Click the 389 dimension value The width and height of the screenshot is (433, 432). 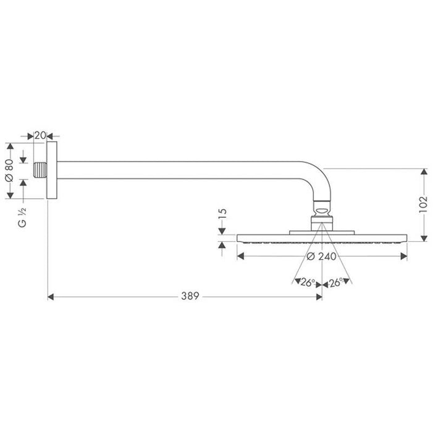[x=190, y=297]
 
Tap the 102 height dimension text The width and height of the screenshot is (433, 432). [x=423, y=204]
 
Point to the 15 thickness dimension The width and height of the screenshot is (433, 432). [x=223, y=215]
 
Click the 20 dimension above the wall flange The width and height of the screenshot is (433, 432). [x=39, y=134]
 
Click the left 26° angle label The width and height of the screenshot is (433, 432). [x=307, y=282]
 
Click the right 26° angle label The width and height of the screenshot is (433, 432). [x=337, y=282]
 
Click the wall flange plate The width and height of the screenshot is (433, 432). [x=53, y=170]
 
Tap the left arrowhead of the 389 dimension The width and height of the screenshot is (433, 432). [x=51, y=297]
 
